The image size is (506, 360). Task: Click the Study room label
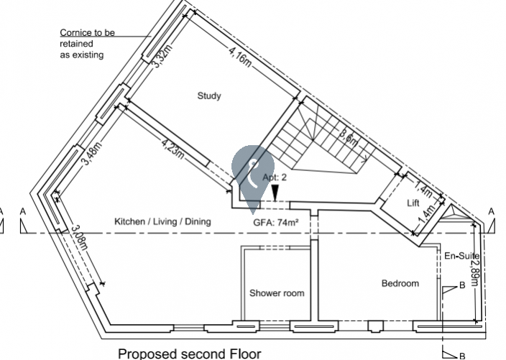pos(208,96)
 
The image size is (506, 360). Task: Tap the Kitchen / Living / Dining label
pos(163,222)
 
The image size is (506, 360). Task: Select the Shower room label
pos(277,293)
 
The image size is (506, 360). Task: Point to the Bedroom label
pos(400,284)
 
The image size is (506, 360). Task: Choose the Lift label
pos(413,203)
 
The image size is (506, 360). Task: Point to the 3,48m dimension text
pos(91,154)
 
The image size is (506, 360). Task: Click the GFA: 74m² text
pos(276,223)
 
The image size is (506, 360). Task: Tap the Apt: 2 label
pos(275,177)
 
